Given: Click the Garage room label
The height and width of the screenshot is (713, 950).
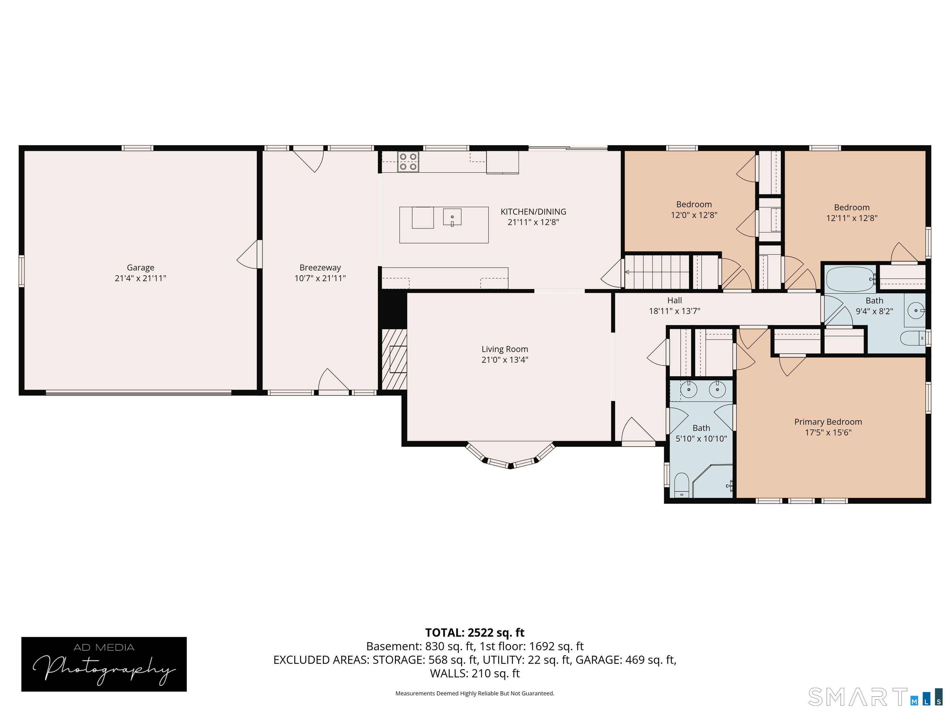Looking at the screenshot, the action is coord(140,267).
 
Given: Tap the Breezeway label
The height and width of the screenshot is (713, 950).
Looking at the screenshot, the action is coord(320,268).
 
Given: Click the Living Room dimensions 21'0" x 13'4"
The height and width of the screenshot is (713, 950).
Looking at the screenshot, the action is coord(505,360).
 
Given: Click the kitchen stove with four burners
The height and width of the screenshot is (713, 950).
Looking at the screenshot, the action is coord(408,162).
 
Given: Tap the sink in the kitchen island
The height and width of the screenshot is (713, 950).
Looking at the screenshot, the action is coord(452,217).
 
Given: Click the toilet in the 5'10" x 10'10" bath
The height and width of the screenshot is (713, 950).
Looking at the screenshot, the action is coord(681,485).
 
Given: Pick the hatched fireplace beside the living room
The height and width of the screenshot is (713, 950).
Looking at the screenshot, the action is coord(394,359).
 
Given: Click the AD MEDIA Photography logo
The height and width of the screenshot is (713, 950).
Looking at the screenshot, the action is coord(104,664).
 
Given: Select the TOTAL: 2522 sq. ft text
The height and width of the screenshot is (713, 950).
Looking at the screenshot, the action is coord(475,633).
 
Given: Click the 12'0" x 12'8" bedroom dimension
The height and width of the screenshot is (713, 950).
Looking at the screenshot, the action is coord(694,215).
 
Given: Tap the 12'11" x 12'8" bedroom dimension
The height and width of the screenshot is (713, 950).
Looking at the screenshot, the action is coord(852,218).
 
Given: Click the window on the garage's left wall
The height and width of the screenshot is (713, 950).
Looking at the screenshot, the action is coord(21,271).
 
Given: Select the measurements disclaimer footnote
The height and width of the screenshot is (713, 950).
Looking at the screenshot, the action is coord(475,693).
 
